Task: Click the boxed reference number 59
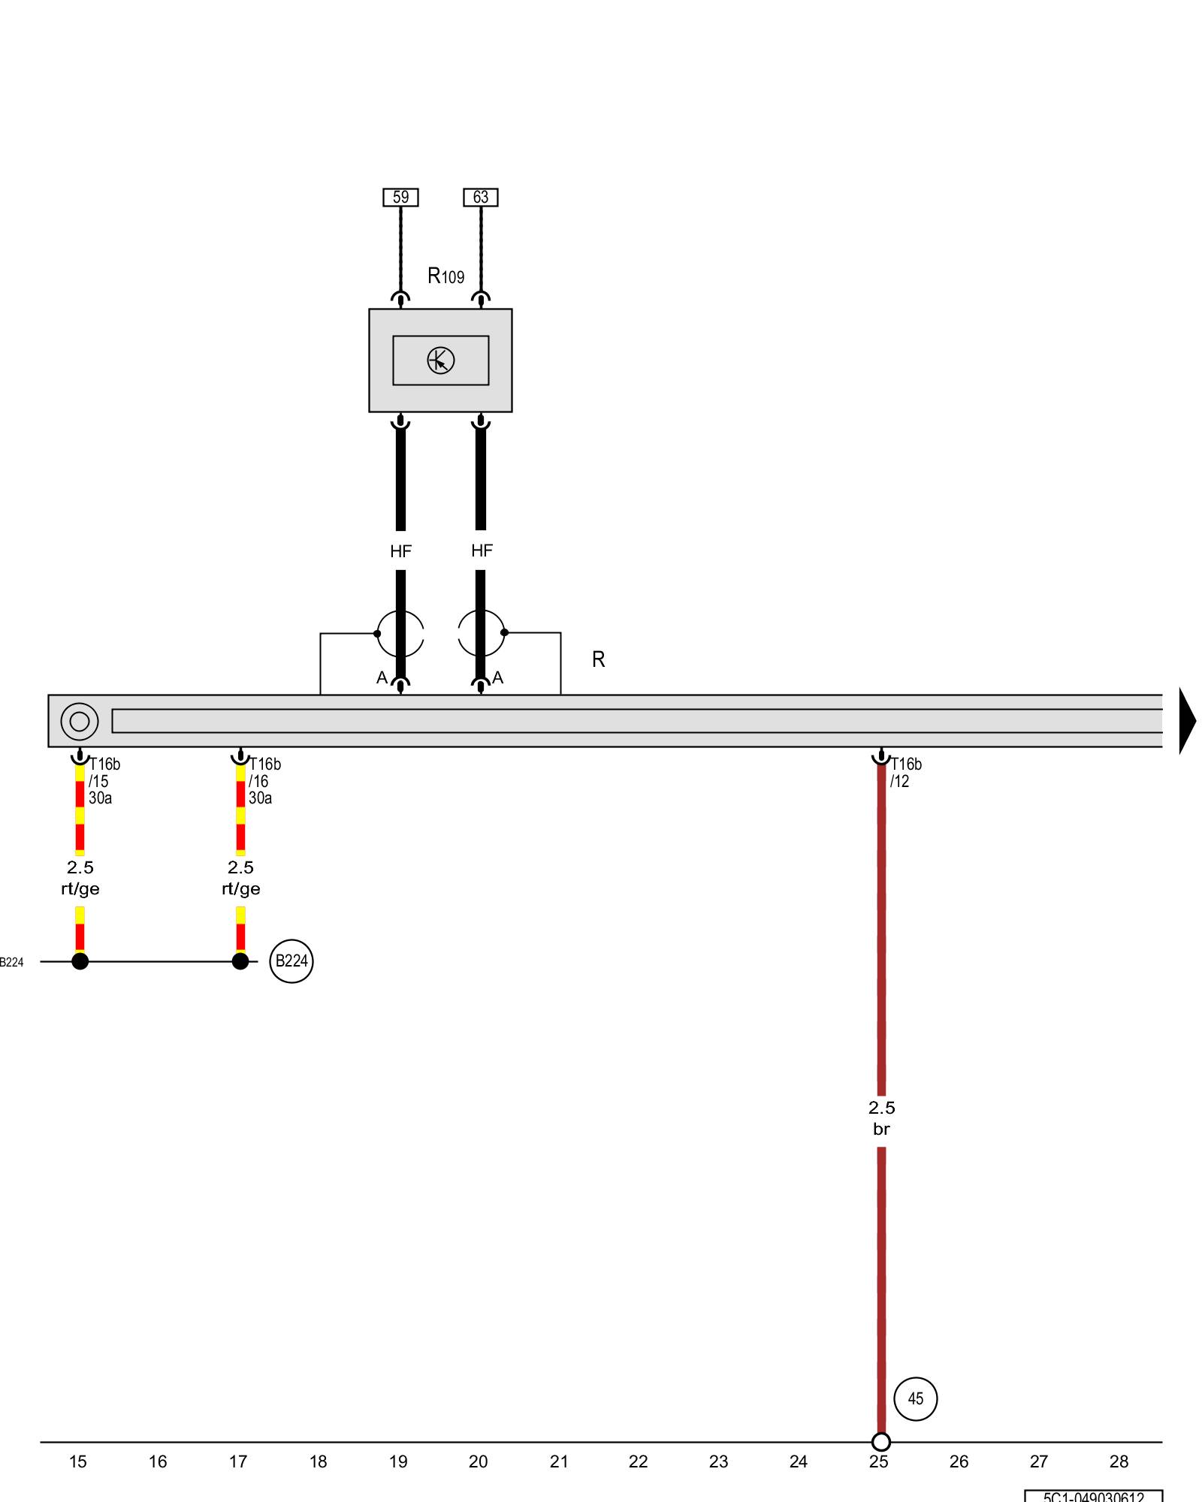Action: point(400,197)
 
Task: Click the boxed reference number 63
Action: point(481,197)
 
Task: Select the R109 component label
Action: point(445,276)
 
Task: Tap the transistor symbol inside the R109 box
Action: point(440,360)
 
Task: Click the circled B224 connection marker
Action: point(291,961)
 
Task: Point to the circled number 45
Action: point(915,1398)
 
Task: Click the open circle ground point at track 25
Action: point(881,1442)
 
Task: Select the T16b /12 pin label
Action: point(905,773)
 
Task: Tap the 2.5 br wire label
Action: point(881,1118)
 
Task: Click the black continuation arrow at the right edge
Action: point(1187,721)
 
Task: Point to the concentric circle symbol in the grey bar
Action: point(79,722)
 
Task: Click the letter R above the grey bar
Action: point(598,659)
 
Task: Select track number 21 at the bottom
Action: point(558,1461)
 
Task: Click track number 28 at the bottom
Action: point(1119,1461)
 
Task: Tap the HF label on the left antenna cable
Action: point(400,551)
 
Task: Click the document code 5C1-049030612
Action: point(1093,1496)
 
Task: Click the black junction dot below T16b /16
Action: point(240,961)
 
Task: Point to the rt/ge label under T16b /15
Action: point(80,889)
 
